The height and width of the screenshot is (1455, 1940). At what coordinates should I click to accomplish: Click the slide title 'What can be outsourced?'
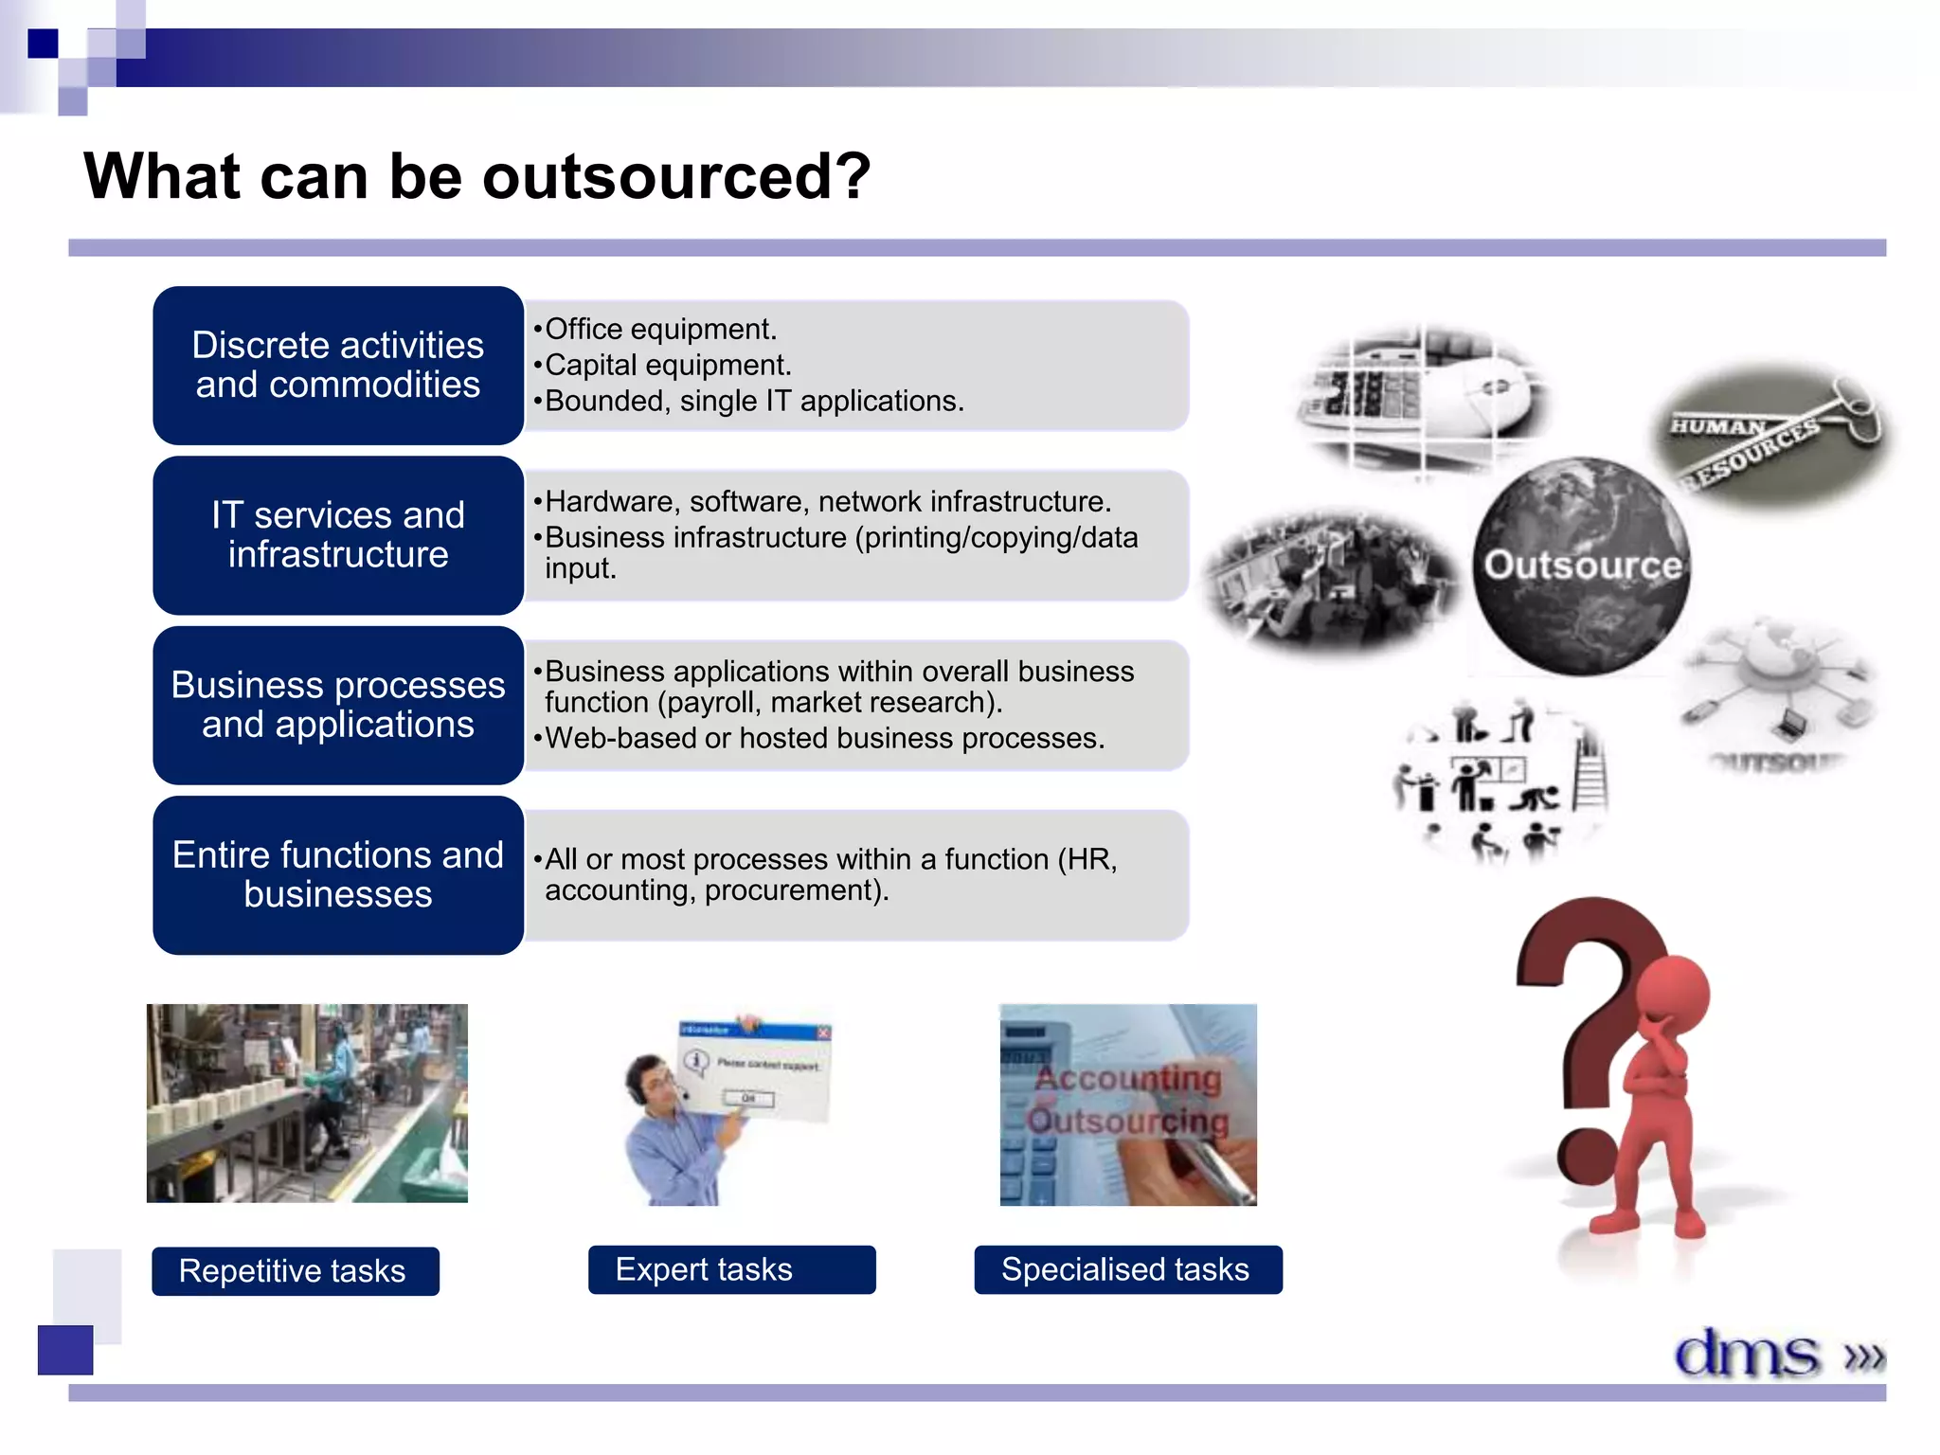click(x=476, y=177)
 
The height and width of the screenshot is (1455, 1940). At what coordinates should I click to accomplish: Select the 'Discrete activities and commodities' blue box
click(x=338, y=366)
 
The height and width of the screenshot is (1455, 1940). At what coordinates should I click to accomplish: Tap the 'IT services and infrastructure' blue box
click(x=338, y=535)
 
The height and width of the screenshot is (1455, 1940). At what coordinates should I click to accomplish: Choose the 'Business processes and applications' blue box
click(x=338, y=705)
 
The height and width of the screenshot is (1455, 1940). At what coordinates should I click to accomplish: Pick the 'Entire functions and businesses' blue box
click(x=338, y=874)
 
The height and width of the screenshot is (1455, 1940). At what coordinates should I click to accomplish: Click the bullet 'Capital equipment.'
click(x=667, y=365)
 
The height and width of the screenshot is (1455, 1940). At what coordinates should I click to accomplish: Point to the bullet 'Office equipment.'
click(x=660, y=329)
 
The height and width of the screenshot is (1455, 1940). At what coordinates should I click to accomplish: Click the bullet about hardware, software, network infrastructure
click(x=827, y=501)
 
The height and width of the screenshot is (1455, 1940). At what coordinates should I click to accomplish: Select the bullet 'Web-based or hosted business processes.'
click(x=824, y=738)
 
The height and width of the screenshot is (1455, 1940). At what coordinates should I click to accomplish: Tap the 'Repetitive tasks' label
click(x=295, y=1270)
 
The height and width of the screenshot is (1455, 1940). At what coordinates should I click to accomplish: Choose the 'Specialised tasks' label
click(x=1127, y=1269)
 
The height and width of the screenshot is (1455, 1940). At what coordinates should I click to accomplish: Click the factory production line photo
click(x=307, y=1104)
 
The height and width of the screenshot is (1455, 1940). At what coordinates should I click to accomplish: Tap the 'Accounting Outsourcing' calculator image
click(x=1128, y=1105)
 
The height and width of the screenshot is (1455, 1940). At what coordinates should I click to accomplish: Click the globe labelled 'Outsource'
click(x=1581, y=566)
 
